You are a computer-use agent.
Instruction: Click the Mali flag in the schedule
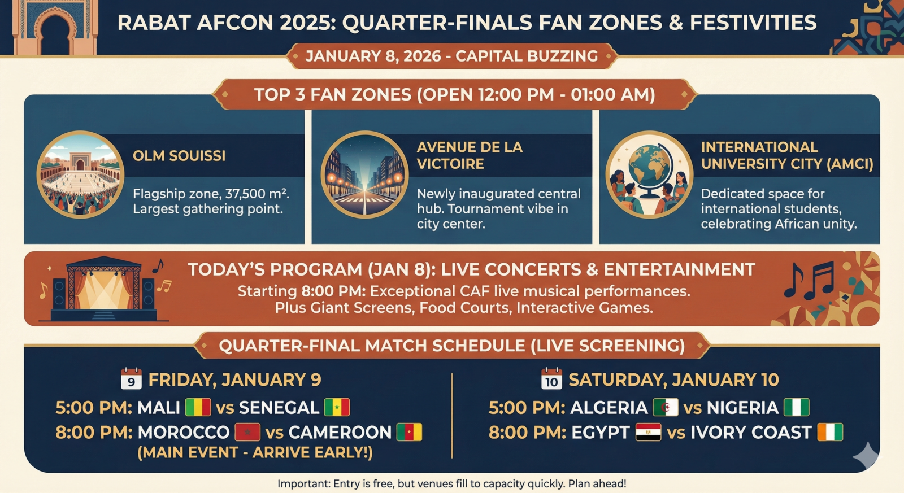(198, 407)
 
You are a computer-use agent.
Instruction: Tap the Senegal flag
(337, 407)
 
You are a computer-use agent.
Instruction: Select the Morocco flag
(247, 432)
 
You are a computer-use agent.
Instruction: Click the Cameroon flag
(409, 432)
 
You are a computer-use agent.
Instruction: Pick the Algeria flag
(666, 407)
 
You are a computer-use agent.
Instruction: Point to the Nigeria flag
(796, 407)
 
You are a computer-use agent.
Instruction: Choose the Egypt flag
(648, 432)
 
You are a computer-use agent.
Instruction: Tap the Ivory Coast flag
(830, 432)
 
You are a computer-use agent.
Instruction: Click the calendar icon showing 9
(131, 379)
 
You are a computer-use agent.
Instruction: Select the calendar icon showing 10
(551, 379)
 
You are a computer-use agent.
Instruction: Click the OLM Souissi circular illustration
(80, 174)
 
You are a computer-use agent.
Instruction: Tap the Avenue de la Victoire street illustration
(365, 174)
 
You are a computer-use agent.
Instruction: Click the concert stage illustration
(104, 289)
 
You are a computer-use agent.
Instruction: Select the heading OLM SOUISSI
(179, 156)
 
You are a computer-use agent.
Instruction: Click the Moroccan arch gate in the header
(55, 27)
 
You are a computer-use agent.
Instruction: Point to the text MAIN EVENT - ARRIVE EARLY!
(255, 453)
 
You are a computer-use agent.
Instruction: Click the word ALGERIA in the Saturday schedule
(609, 408)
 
